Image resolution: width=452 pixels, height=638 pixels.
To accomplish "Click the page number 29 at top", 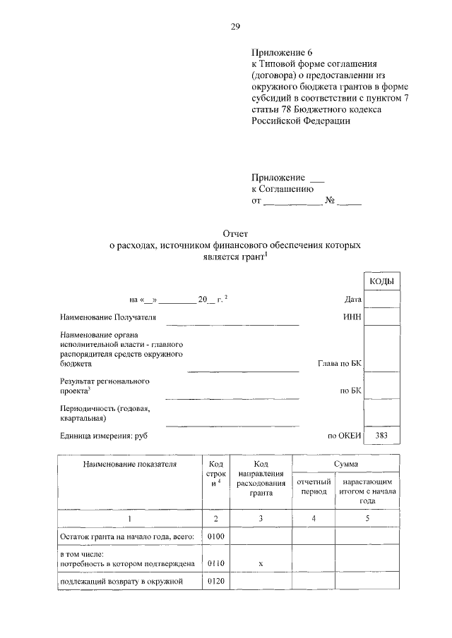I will pyautogui.click(x=235, y=27).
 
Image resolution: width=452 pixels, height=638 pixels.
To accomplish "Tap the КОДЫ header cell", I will pyautogui.click(x=381, y=282).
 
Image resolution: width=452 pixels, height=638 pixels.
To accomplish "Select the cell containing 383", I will pyautogui.click(x=381, y=436).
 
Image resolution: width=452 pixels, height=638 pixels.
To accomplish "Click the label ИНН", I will pyautogui.click(x=352, y=318).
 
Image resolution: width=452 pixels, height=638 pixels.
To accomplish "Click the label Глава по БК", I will pyautogui.click(x=340, y=365).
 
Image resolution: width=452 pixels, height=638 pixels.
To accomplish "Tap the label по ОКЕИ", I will pyautogui.click(x=344, y=436).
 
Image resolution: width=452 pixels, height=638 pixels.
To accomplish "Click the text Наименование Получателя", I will pyautogui.click(x=108, y=318).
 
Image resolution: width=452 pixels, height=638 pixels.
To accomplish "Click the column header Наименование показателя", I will pyautogui.click(x=129, y=465).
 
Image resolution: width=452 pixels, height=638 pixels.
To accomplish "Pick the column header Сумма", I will pyautogui.click(x=346, y=464).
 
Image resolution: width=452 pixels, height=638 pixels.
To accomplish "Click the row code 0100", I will pyautogui.click(x=216, y=537).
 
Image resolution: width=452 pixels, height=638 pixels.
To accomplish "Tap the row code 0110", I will pyautogui.click(x=216, y=564).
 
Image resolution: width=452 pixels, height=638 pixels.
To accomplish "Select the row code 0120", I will pyautogui.click(x=216, y=582).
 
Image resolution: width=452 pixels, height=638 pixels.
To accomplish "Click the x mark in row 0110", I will pyautogui.click(x=261, y=564).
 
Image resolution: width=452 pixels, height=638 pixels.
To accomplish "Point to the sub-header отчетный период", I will pyautogui.click(x=313, y=486).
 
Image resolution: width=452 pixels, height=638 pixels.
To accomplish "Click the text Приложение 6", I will pyautogui.click(x=281, y=53).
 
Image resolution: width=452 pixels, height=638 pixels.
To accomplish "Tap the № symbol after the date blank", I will pyautogui.click(x=329, y=202).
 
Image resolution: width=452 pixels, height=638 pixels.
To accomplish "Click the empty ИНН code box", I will pyautogui.click(x=381, y=318).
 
